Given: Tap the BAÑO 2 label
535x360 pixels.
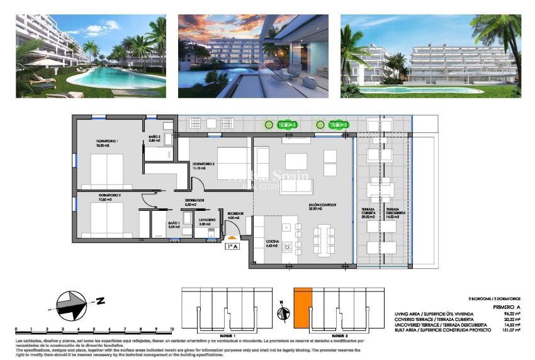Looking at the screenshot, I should pos(155,137).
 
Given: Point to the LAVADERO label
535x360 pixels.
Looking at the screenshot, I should pos(207,219).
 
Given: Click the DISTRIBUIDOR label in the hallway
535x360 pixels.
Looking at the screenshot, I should pos(195,201).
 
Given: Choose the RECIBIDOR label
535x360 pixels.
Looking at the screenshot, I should pos(235,213).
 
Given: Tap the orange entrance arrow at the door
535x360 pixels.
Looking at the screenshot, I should pos(232,237).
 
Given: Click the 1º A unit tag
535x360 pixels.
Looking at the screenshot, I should pos(232,247).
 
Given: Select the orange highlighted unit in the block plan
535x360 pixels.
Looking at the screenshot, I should pos(303,307).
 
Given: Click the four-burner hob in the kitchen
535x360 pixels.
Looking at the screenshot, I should pos(288,245).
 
